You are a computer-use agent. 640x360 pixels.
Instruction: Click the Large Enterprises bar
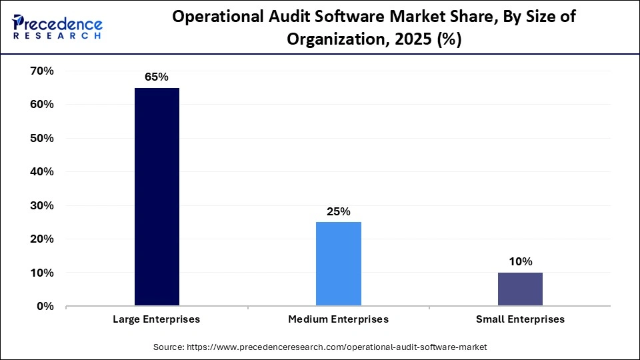157,197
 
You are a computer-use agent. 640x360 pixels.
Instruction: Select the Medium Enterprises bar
339,264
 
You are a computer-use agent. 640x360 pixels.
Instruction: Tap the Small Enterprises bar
520,289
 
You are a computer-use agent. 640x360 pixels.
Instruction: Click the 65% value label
157,77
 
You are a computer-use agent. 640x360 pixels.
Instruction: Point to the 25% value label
339,211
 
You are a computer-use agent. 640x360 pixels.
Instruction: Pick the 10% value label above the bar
520,261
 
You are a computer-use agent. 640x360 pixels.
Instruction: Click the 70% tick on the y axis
41,71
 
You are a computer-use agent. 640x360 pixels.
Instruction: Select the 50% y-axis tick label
41,138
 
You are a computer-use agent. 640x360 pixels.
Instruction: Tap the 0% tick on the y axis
44,306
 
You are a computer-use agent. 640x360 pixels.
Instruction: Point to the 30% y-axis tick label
41,205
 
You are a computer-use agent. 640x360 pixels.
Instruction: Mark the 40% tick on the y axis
41,171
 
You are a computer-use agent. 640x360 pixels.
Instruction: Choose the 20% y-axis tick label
41,239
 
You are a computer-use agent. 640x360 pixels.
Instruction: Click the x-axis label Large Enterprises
157,319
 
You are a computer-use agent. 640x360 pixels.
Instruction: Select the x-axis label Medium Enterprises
339,319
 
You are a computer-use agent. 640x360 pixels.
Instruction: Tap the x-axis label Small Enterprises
520,319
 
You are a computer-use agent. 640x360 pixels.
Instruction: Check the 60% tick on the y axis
41,105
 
